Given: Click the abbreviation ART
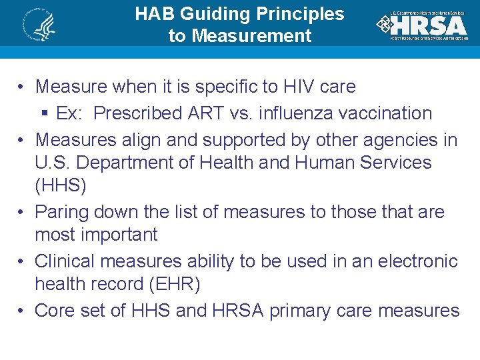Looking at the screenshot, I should (204, 113).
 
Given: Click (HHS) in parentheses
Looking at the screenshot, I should (61, 185).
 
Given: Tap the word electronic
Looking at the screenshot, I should (418, 261).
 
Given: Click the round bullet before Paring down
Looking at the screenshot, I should (22, 213).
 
